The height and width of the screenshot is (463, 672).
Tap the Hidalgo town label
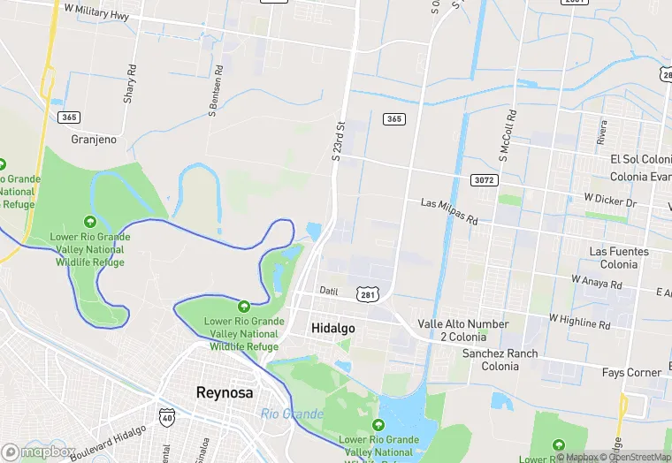pyautogui.click(x=333, y=328)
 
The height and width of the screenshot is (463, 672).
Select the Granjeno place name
pyautogui.click(x=94, y=139)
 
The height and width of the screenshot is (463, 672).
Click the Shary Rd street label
pyautogui.click(x=130, y=83)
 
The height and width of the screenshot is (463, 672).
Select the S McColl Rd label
pyautogui.click(x=507, y=136)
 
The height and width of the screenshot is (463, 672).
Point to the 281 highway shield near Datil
pyautogui.click(x=367, y=292)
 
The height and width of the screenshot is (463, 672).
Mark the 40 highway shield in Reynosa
pyautogui.click(x=167, y=415)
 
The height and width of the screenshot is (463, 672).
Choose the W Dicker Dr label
pyautogui.click(x=610, y=201)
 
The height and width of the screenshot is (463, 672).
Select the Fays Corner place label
pyautogui.click(x=631, y=373)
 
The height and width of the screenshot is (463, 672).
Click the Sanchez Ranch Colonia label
pyautogui.click(x=500, y=361)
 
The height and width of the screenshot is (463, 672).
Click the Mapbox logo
pyautogui.click(x=37, y=452)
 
